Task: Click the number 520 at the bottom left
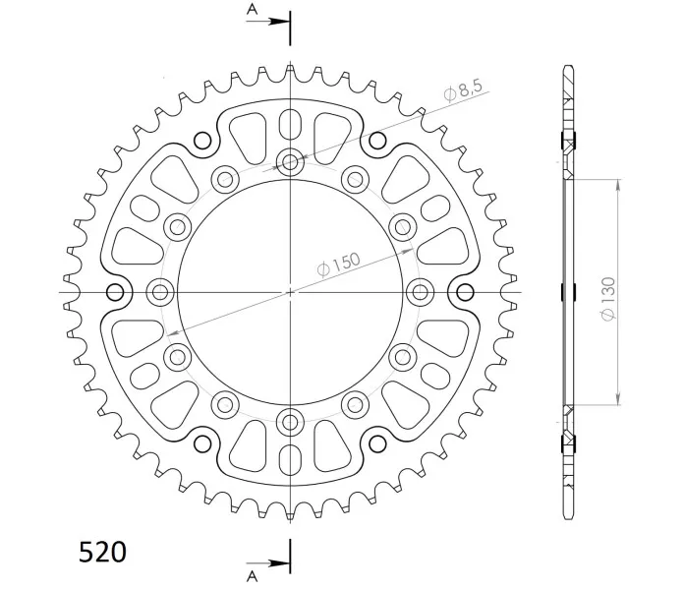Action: pos(102,552)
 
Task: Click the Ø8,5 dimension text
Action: pos(463,90)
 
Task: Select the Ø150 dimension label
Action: pos(338,265)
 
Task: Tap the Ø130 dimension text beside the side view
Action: pos(608,299)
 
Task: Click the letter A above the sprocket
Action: pos(253,9)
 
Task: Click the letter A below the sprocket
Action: pos(253,577)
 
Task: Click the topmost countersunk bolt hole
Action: pos(290,163)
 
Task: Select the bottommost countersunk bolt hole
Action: pos(290,422)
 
